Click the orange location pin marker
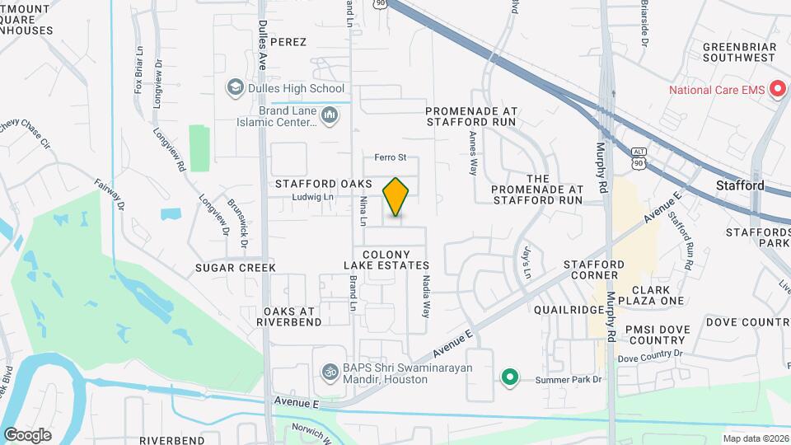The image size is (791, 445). coord(396,197)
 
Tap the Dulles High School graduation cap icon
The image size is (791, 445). coord(235,88)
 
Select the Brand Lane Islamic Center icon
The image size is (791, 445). coord(330,115)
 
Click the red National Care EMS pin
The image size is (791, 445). coord(776,90)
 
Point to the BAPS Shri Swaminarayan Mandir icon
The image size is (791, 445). coord(330,372)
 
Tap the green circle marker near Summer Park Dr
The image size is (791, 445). coord(510,378)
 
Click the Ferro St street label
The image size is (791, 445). coord(391,157)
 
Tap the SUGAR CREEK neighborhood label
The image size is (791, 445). coord(235,268)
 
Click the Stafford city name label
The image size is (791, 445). coord(739,185)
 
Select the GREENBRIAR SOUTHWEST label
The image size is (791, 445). coord(739,51)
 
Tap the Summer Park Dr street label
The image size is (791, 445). coord(569,380)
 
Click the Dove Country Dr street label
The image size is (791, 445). coord(651,355)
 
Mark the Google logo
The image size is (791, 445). coord(27,434)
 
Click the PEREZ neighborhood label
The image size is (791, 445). coord(288,42)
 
